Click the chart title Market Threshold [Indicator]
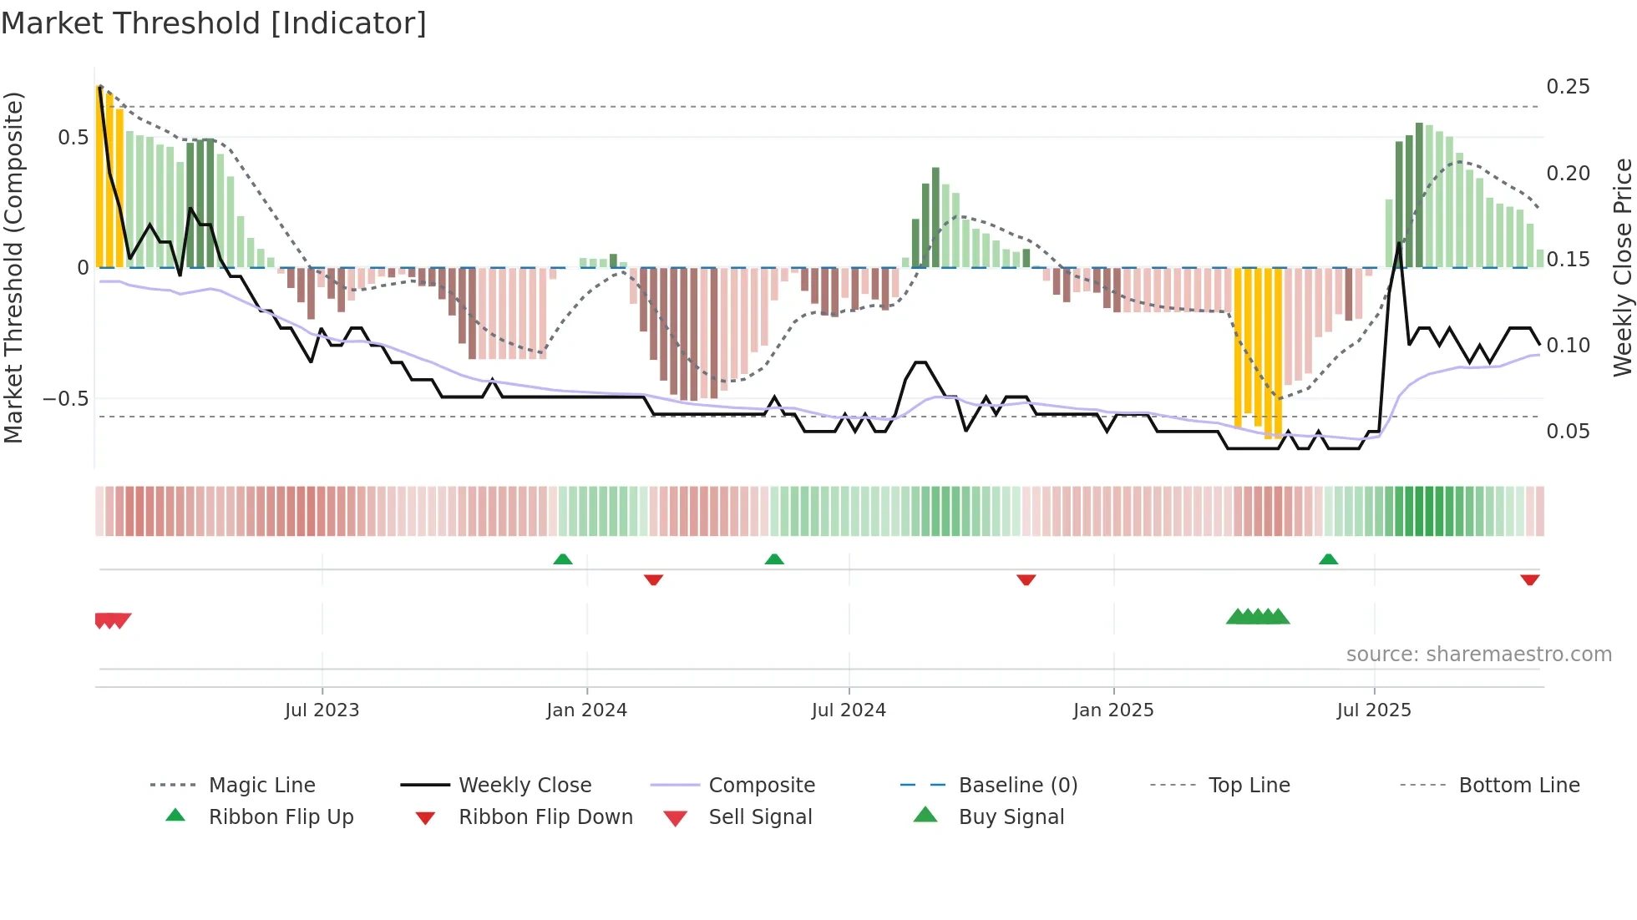(x=214, y=23)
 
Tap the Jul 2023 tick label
(x=322, y=710)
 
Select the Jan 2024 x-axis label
(x=586, y=710)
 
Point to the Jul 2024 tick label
(x=849, y=710)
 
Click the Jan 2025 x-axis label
(x=1113, y=710)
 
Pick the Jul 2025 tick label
(x=1374, y=710)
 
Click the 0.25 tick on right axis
(x=1568, y=87)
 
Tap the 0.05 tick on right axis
(x=1568, y=432)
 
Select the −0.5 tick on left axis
(x=66, y=399)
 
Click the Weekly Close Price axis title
(x=1622, y=267)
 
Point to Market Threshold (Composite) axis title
(x=13, y=267)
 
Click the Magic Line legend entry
(x=261, y=786)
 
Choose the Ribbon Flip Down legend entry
(x=545, y=817)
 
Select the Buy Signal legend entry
(x=1011, y=817)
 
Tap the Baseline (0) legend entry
(x=1017, y=786)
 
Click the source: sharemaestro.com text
(x=1478, y=655)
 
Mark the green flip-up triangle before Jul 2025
(x=1328, y=559)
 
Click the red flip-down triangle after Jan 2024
(x=653, y=579)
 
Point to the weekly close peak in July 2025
(x=1399, y=244)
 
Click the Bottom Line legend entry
(x=1518, y=786)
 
